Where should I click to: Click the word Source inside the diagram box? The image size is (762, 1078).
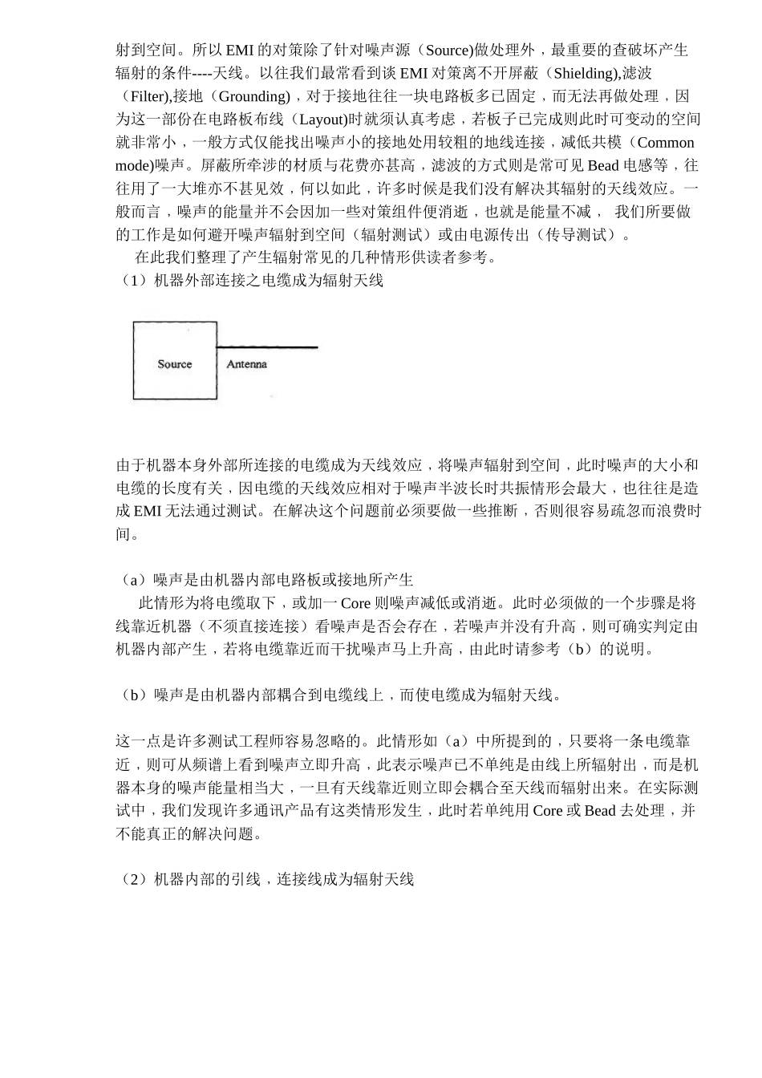click(x=174, y=364)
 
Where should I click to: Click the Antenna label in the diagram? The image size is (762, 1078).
click(x=246, y=364)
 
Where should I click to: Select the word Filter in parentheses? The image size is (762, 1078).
click(x=147, y=96)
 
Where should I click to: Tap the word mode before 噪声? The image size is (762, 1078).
click(x=134, y=166)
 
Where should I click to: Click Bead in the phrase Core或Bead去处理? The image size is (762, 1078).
click(x=600, y=811)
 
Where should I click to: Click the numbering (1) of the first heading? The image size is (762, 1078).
click(x=132, y=281)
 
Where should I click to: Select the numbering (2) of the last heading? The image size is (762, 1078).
click(x=132, y=880)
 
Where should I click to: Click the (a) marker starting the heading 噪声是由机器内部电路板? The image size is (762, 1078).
click(x=132, y=580)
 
